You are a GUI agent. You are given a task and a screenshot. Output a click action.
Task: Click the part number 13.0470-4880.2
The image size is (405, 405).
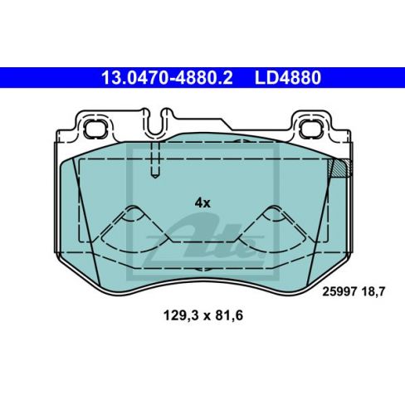[x=165, y=79]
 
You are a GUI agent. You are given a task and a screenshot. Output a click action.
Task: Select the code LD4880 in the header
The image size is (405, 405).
[x=285, y=79]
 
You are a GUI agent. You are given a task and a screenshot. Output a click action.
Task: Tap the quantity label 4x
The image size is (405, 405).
[x=202, y=202]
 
